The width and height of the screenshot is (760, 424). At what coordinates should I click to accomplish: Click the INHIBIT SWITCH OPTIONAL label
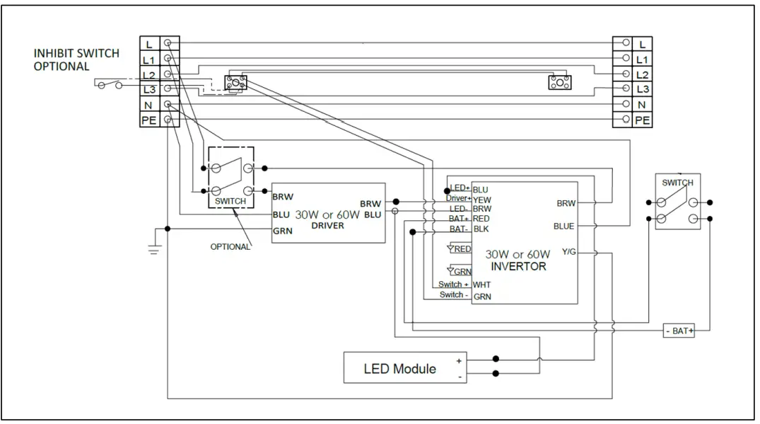76,60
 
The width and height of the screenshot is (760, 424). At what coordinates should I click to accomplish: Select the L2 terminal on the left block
149,74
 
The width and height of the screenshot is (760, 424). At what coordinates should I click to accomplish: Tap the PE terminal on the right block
642,120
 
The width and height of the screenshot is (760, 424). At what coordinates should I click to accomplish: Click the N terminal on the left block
149,105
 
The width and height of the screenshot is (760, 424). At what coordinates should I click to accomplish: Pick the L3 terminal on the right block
642,89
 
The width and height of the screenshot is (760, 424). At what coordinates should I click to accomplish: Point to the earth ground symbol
153,249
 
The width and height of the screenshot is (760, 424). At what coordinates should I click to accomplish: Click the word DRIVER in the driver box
327,226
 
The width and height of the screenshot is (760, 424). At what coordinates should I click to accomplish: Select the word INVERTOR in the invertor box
518,267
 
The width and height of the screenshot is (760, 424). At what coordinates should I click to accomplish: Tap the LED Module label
399,369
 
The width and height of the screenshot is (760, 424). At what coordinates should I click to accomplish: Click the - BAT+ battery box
679,331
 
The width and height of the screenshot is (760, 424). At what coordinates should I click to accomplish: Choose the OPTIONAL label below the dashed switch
230,247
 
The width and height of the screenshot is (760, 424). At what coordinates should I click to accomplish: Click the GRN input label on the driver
282,230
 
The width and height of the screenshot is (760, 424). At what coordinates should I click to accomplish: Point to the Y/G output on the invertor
570,251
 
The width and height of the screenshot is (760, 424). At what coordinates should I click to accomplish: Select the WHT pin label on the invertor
481,285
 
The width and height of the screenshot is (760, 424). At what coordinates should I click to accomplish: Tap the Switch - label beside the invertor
452,295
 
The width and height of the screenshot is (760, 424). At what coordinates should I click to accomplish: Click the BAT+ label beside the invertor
459,219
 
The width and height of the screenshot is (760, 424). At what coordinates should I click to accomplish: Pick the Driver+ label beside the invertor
458,200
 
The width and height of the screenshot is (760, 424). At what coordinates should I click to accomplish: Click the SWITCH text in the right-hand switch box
677,183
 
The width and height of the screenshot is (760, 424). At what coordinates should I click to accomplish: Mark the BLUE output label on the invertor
563,227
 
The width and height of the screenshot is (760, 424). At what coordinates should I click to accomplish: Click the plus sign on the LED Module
459,360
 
